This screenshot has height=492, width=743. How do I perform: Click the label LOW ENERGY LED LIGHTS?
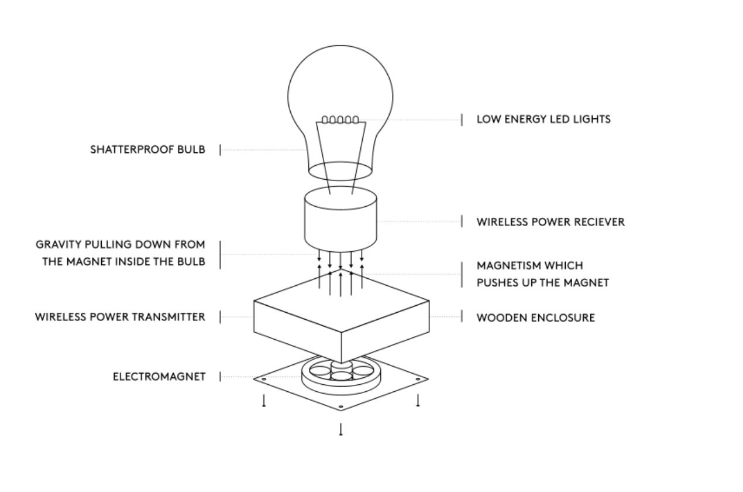(544, 119)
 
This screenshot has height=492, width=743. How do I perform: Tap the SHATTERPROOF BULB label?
(147, 149)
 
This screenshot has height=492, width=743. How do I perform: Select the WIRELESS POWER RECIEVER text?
(551, 222)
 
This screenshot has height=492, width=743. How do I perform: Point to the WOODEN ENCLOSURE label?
(535, 318)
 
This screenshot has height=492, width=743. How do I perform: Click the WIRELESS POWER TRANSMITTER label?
(120, 317)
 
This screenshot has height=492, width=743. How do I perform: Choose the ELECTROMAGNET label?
(159, 377)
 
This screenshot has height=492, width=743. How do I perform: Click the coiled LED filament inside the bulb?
(340, 120)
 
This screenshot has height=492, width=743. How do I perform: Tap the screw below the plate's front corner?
(341, 429)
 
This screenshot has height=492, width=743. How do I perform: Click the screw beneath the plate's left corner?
(264, 401)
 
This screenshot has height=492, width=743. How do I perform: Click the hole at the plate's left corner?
(264, 379)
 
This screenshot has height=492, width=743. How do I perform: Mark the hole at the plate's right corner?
(418, 379)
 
